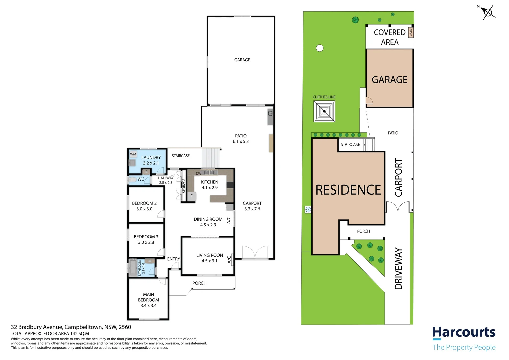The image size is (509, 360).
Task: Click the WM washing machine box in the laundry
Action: click(133, 154)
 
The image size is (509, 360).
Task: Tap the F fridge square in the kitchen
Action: click(192, 196)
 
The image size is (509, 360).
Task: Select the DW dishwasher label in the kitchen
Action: click(198, 174)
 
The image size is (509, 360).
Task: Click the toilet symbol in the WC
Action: click(132, 180)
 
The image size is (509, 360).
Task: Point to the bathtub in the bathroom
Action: click(133, 268)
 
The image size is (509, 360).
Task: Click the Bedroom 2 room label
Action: click(144, 203)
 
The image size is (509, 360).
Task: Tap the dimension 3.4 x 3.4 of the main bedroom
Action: click(148, 305)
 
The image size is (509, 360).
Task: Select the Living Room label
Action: click(210, 255)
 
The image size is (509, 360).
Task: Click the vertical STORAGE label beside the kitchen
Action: click(184, 186)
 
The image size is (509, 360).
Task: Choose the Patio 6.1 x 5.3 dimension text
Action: click(241, 141)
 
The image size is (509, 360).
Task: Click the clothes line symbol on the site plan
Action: click(324, 111)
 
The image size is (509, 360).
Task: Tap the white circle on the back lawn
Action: click(320, 48)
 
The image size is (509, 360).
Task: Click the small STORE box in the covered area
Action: click(411, 33)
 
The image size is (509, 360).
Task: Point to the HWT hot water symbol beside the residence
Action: click(308, 209)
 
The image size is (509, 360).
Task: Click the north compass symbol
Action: click(488, 12)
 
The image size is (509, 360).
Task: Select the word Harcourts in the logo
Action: click(464, 332)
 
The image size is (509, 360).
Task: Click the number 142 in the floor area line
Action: click(74, 334)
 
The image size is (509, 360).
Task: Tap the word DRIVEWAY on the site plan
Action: click(398, 269)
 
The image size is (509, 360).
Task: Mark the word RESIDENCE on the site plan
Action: click(348, 190)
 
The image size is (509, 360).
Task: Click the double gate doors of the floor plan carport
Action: click(255, 252)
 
